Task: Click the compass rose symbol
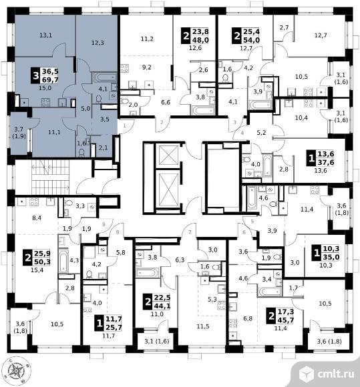[x=16, y=370]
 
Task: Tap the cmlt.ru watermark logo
[x=326, y=374]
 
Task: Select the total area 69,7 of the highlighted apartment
[x=50, y=79]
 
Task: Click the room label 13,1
[x=45, y=35]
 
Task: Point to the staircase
[x=51, y=177]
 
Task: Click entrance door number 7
[x=190, y=232]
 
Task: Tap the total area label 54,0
[x=252, y=40]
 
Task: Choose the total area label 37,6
[x=326, y=162]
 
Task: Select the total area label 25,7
[x=114, y=327]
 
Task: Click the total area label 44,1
[x=162, y=306]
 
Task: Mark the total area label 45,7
[x=286, y=320]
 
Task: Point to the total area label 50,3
[x=42, y=262]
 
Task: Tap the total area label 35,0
[x=331, y=257]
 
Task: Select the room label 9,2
[x=147, y=67]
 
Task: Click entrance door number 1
[x=124, y=125]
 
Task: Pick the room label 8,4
[x=37, y=218]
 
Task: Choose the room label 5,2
[x=261, y=133]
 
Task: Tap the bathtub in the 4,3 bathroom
[x=63, y=261]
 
